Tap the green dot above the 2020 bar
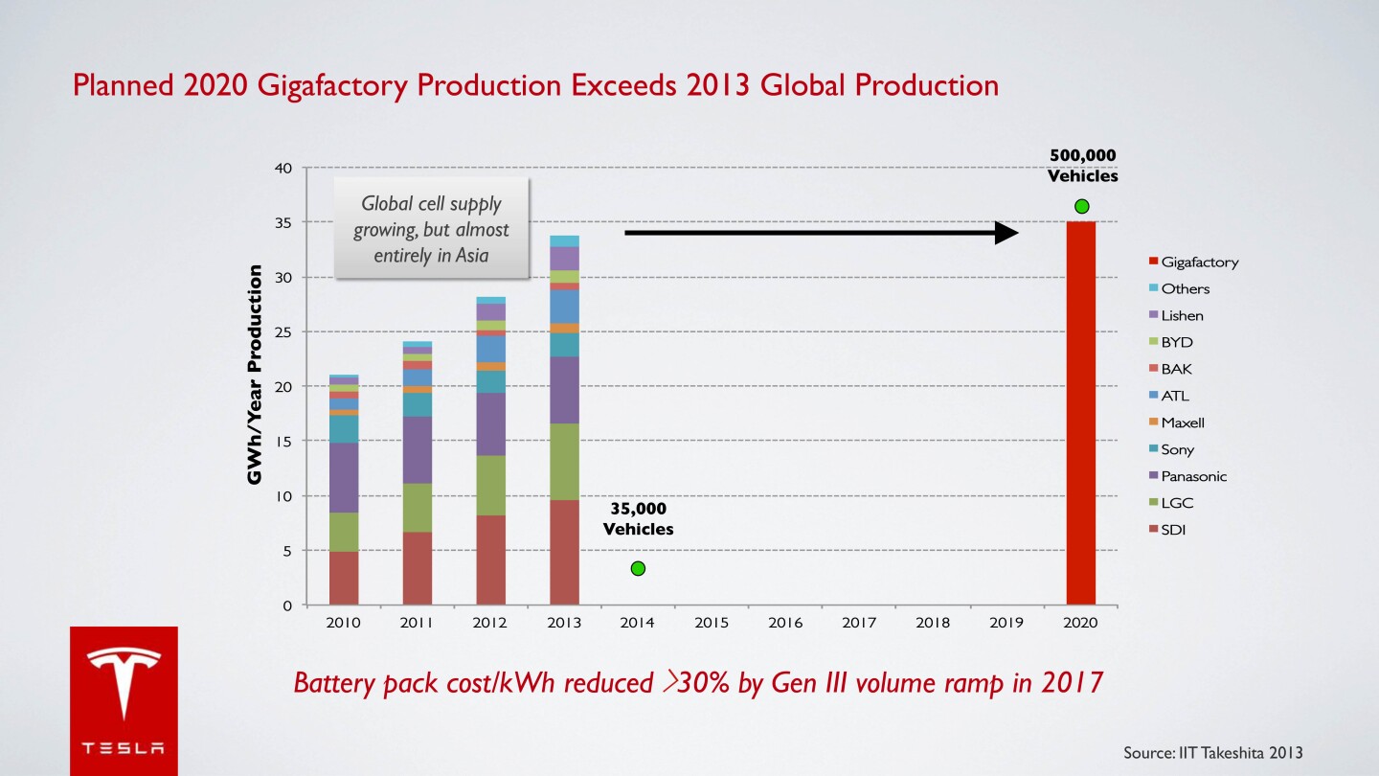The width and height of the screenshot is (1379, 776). click(x=1082, y=206)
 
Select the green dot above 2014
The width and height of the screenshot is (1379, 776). click(x=638, y=569)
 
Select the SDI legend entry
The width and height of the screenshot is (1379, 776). click(x=1173, y=530)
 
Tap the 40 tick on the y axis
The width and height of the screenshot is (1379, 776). click(x=283, y=169)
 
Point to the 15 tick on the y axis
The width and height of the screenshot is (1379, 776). click(x=283, y=441)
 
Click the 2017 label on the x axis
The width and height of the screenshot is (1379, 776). click(x=859, y=623)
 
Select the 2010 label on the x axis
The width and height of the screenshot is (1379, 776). click(x=343, y=623)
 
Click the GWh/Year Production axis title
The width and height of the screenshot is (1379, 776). click(x=255, y=375)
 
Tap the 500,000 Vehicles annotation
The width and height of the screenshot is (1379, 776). click(x=1082, y=166)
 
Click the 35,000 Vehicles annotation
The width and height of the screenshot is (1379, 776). click(x=638, y=518)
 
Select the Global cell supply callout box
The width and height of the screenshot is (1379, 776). click(x=431, y=229)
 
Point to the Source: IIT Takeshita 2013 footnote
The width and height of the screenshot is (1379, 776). click(x=1212, y=752)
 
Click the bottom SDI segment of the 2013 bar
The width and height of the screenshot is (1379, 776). click(x=564, y=552)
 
